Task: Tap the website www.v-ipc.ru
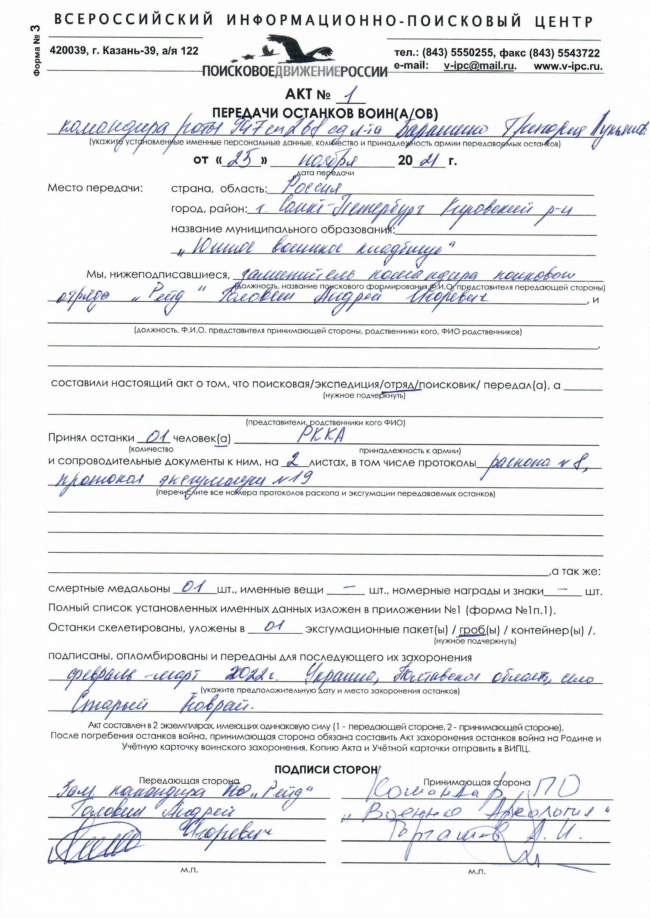click(568, 66)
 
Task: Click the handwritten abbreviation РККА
click(320, 437)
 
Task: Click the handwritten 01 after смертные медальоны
click(194, 588)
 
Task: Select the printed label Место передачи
click(95, 188)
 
